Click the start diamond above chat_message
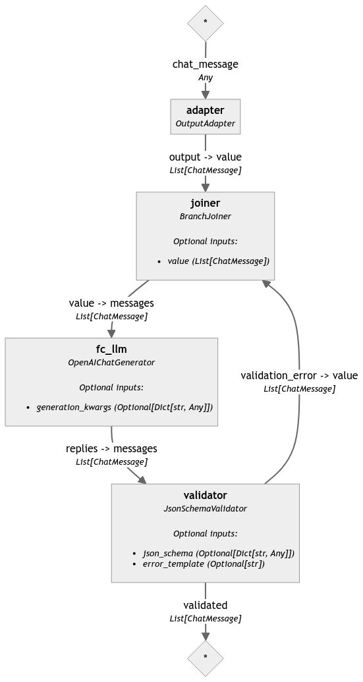(205, 22)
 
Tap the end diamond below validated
(205, 658)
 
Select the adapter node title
(205, 111)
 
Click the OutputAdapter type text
(205, 123)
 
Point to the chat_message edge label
(205, 64)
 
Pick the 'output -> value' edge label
(205, 157)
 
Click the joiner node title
(205, 203)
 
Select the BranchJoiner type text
(205, 216)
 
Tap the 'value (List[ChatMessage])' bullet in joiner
(218, 261)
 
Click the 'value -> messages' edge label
(111, 303)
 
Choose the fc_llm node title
(111, 350)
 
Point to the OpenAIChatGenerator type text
(111, 362)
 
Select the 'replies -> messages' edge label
(111, 448)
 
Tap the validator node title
(205, 496)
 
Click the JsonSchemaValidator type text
(205, 508)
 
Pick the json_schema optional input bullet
(218, 553)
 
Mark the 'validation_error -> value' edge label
(299, 376)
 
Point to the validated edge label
(205, 605)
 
